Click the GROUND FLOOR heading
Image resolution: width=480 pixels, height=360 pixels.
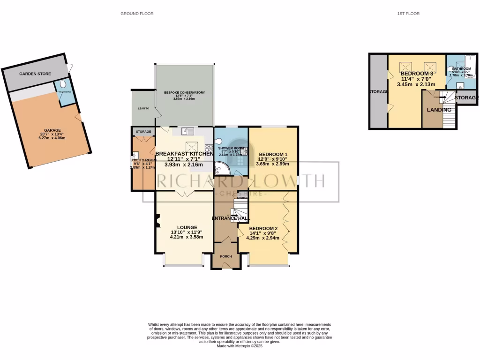(137, 14)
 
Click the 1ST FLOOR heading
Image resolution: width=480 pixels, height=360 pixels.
(408, 14)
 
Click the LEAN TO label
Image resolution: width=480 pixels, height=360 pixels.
(143, 108)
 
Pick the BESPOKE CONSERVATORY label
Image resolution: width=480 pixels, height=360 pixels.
(184, 93)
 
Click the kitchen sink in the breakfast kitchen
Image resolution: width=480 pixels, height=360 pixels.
(187, 132)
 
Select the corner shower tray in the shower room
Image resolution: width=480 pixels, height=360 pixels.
(219, 168)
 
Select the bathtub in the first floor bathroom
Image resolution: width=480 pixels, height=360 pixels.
(470, 66)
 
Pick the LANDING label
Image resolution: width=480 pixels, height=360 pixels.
(439, 110)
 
